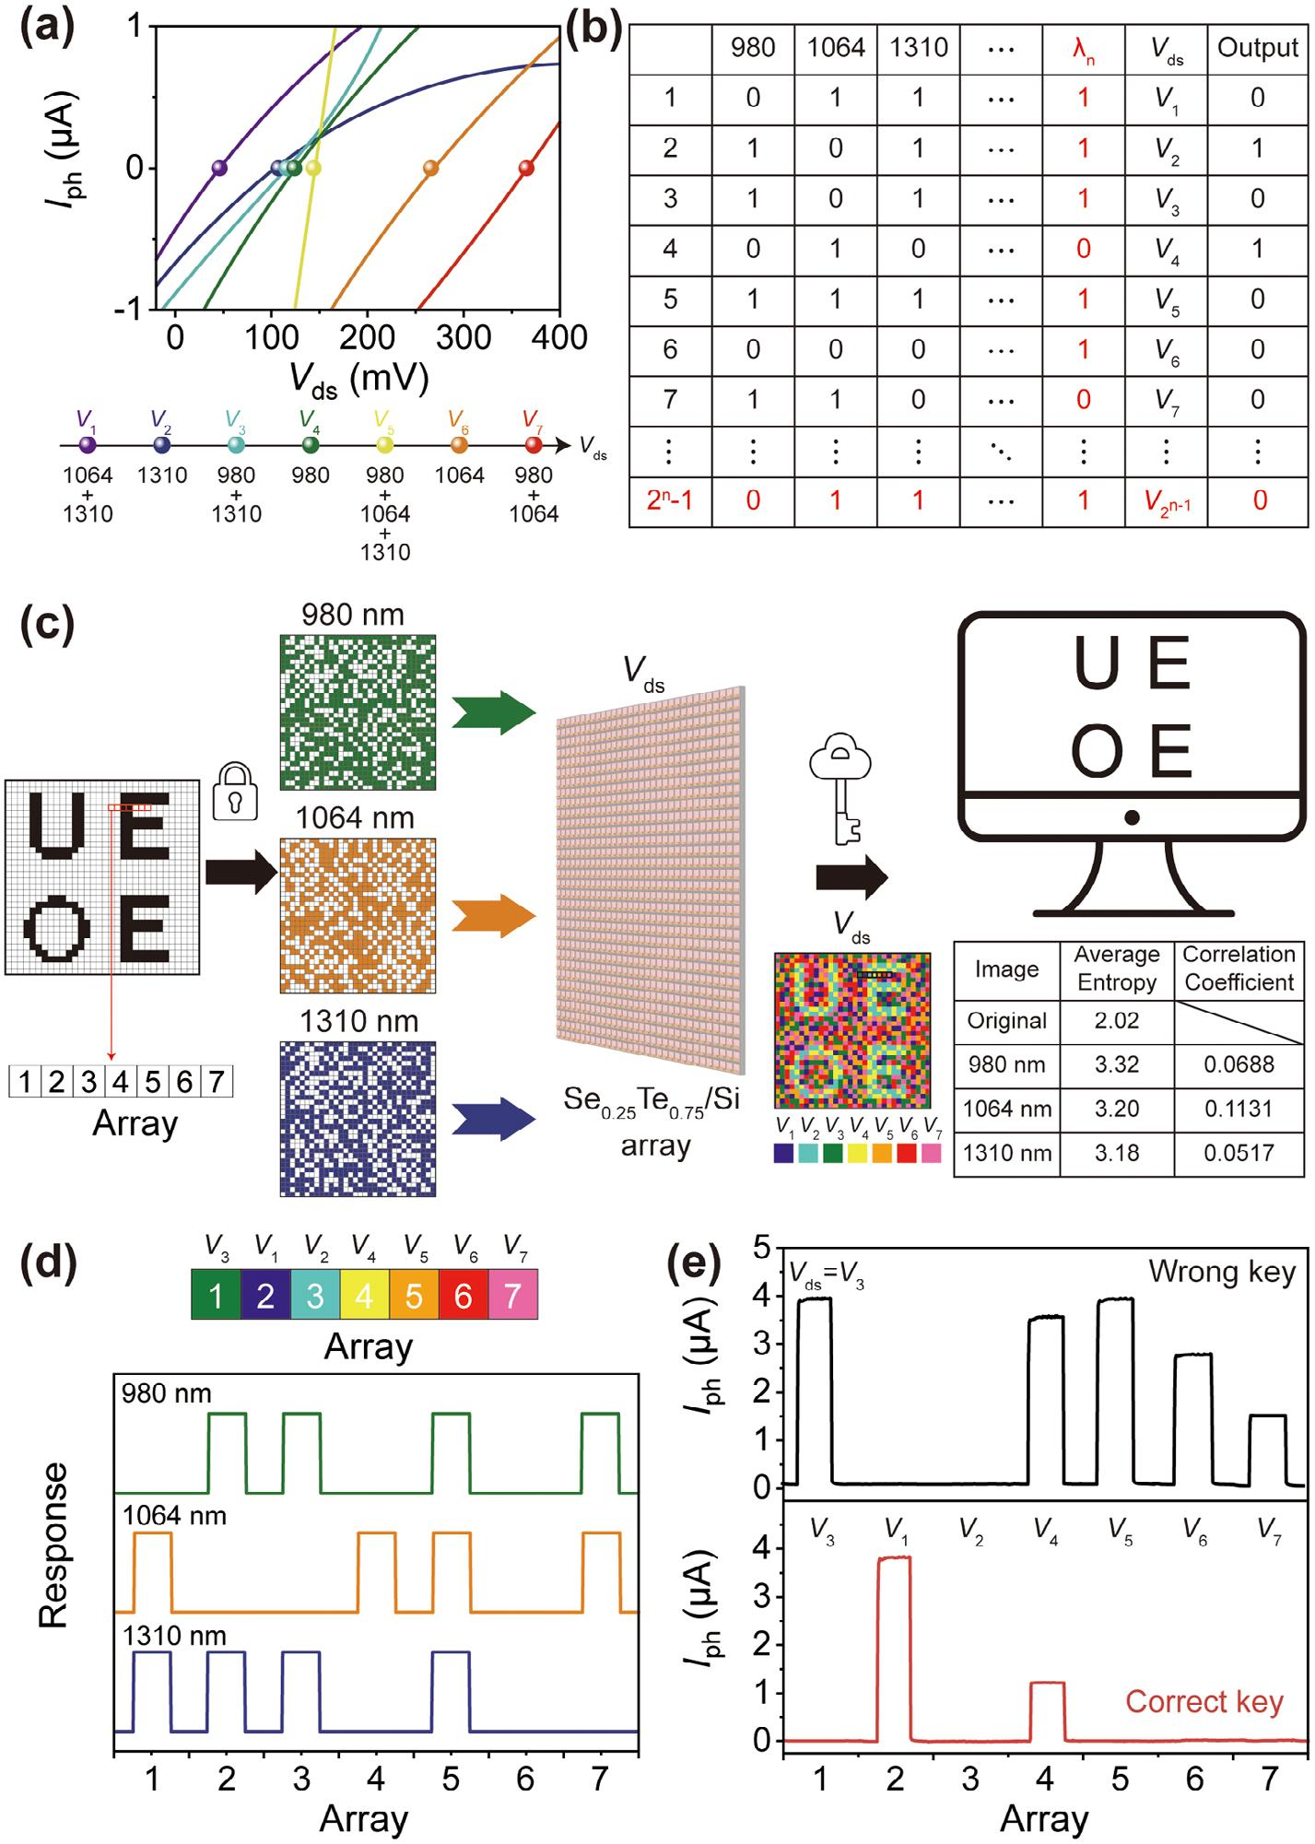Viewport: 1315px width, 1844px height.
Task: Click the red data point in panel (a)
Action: (x=526, y=168)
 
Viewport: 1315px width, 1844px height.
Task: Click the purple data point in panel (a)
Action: (x=219, y=168)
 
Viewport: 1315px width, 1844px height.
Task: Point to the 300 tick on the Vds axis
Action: (x=464, y=337)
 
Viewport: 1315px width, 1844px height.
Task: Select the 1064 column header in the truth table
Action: (x=836, y=48)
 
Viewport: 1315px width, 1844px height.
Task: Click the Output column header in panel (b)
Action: (x=1258, y=48)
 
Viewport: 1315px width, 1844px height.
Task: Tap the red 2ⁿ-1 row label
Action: (x=670, y=500)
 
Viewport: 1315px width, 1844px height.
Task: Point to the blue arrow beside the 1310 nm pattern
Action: (x=493, y=1119)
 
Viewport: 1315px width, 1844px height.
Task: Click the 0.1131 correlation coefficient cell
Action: (x=1239, y=1109)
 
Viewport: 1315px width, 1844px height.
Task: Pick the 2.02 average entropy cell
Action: (x=1117, y=1021)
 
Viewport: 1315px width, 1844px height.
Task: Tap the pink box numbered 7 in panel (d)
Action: (x=513, y=1295)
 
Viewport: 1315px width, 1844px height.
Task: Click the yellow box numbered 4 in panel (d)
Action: (x=364, y=1295)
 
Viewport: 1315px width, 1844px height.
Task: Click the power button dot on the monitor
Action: (x=1132, y=817)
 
